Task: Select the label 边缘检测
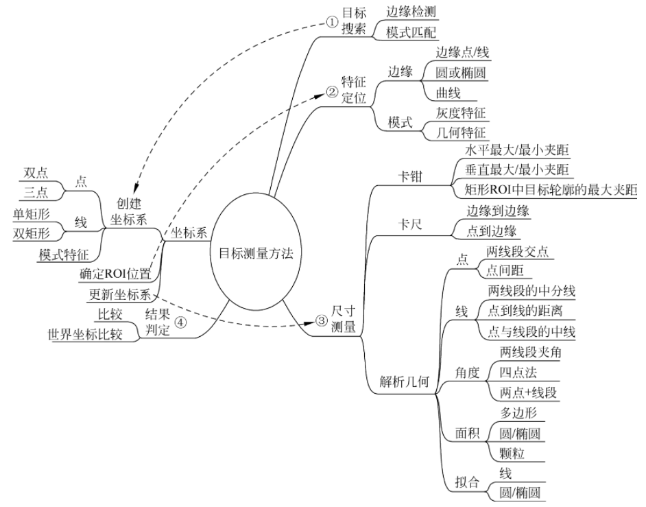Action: click(x=411, y=12)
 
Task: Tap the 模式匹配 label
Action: click(x=411, y=32)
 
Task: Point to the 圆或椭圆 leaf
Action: click(x=462, y=72)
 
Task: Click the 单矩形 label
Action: click(x=30, y=213)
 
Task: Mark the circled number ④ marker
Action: click(x=181, y=322)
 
